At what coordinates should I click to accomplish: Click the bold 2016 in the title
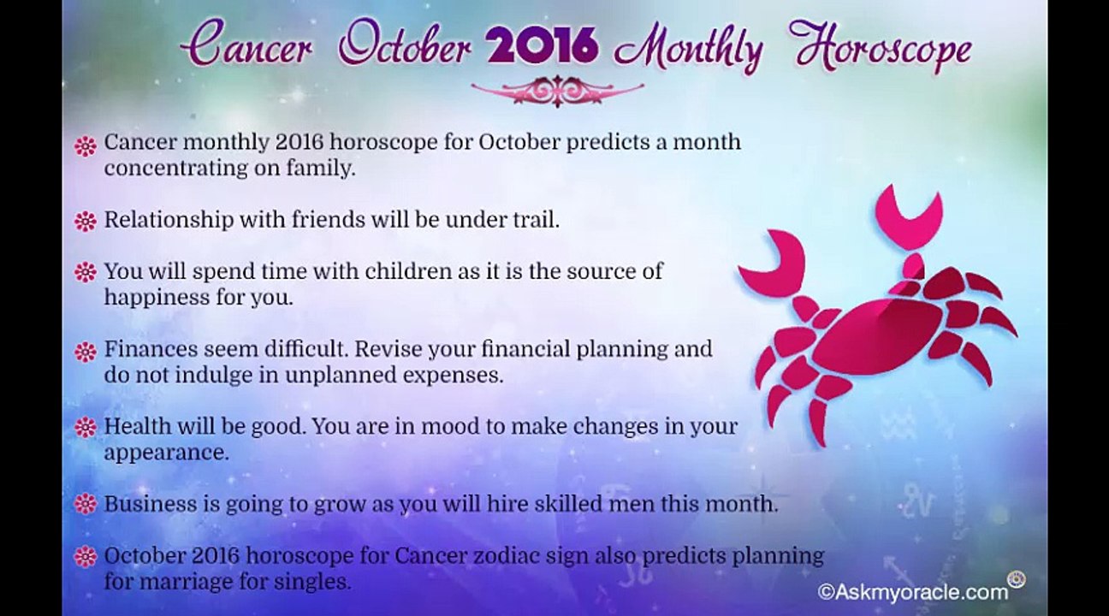543,47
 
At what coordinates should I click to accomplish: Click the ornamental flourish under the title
557,91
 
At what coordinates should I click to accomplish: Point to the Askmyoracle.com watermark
913,592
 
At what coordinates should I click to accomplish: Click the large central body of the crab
876,335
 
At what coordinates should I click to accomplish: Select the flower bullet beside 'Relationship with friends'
86,222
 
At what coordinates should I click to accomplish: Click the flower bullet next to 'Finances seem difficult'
86,352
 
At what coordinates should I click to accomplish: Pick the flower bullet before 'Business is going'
86,504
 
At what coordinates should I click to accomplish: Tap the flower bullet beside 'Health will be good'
86,427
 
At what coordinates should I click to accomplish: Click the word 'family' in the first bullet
321,169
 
